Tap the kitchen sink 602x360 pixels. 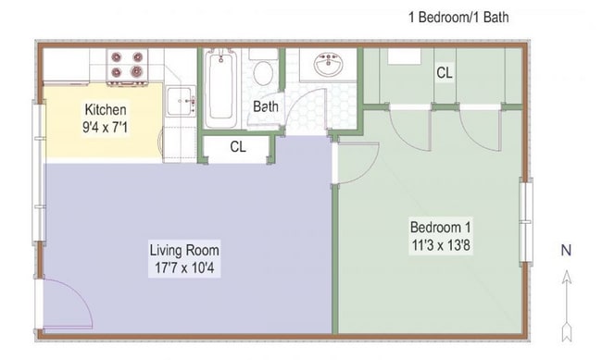tap(179, 99)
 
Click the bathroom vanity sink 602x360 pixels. tap(329, 66)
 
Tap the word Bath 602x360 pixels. tap(266, 106)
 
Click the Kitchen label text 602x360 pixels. tap(106, 108)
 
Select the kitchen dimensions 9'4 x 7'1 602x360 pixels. tap(106, 126)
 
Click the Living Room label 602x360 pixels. tap(185, 250)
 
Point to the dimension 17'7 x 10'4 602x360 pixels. tap(185, 268)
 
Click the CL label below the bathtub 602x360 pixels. tap(238, 146)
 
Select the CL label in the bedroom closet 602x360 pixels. tap(445, 71)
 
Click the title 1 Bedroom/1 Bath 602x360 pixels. tap(458, 17)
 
